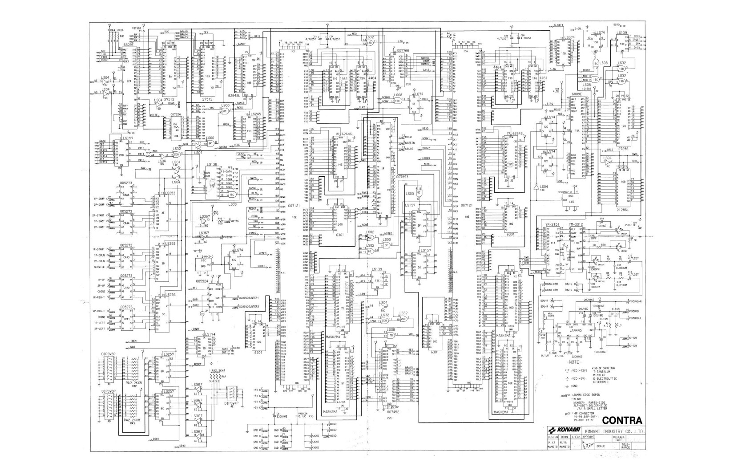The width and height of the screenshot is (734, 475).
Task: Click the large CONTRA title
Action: [x=622, y=420]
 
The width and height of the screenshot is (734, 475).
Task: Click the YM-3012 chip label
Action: [x=575, y=224]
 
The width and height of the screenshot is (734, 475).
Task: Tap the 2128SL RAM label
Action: [x=621, y=209]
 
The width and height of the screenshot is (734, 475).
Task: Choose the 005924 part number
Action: [x=202, y=281]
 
